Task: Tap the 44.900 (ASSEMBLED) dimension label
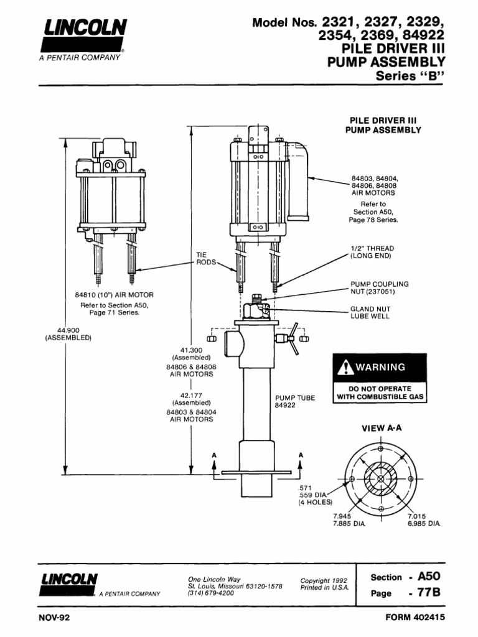68,333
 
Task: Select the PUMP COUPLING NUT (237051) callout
375,287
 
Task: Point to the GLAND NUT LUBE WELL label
370,312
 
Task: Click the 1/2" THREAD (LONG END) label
372,252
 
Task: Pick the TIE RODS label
205,259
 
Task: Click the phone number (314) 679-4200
211,593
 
